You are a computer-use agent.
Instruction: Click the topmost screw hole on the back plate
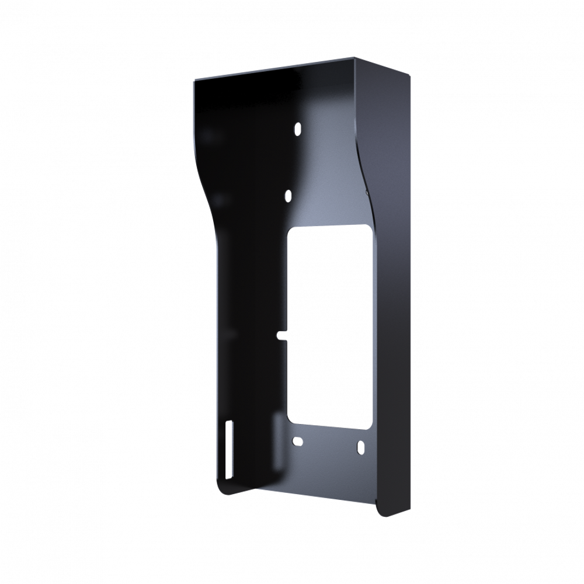coord(298,127)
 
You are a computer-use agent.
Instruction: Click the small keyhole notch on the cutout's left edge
coord(281,335)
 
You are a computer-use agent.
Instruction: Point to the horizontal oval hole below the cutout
coord(297,442)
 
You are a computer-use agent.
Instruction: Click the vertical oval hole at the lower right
coord(360,447)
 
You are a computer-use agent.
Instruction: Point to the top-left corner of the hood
coord(194,82)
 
